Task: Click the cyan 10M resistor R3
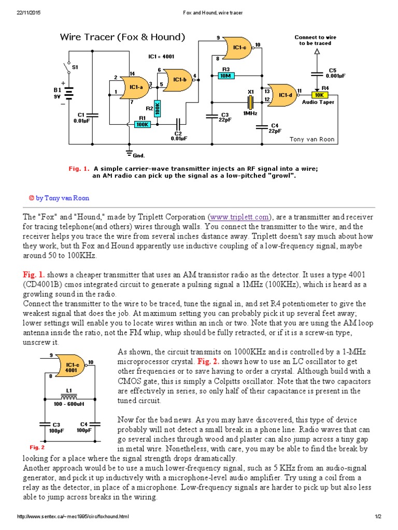tap(225, 76)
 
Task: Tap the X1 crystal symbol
tap(250, 100)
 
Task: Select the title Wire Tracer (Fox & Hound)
tap(122, 37)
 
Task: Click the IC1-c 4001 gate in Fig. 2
tap(72, 367)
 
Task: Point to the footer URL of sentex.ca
tap(73, 517)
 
